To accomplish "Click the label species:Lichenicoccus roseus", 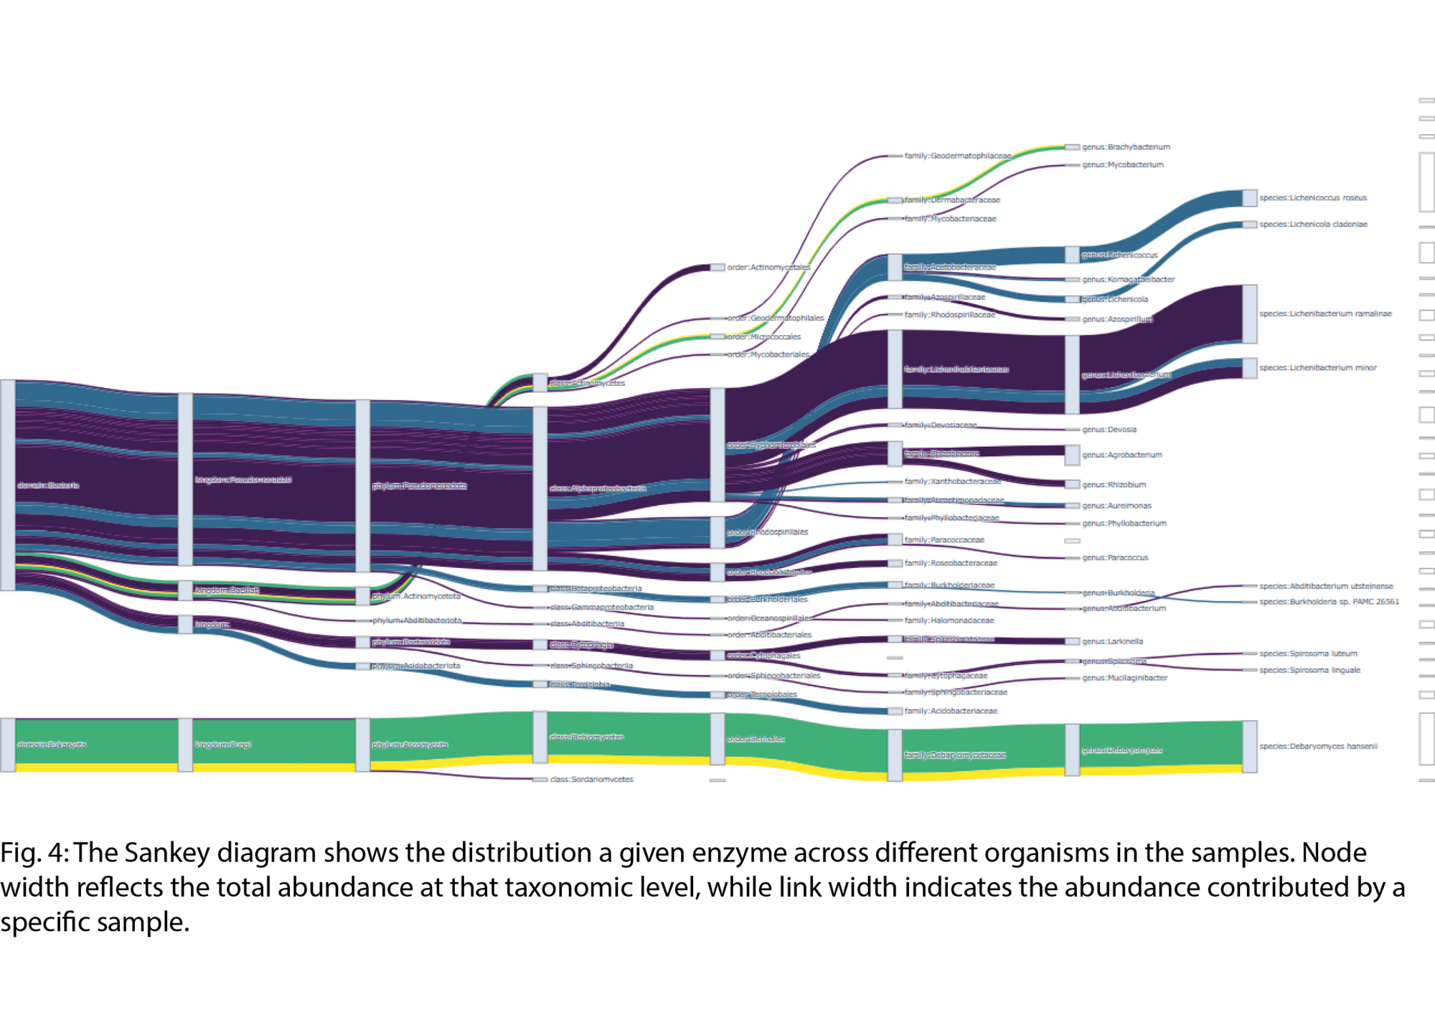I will tap(1313, 198).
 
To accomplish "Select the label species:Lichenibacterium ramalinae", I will tap(1325, 313).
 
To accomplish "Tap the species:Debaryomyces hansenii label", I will tap(1318, 746).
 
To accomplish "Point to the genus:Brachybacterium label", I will tap(1126, 147).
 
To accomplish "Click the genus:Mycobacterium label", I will tap(1122, 165).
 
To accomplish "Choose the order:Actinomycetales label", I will tap(768, 268).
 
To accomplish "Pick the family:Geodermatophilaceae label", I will tap(957, 156).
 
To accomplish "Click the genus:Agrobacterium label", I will tap(1121, 455).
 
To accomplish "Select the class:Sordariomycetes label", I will tap(591, 779).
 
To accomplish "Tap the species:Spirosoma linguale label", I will tap(1309, 670).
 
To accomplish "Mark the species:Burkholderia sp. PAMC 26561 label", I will tap(1329, 602).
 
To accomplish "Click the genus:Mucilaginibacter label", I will tap(1124, 678).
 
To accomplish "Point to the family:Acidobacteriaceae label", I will tap(951, 711).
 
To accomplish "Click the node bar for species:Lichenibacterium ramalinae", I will tap(1249, 314).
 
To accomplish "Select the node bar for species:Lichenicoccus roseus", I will tap(1249, 198).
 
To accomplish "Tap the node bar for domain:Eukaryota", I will tap(7, 745).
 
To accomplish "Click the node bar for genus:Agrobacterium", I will tap(1072, 455).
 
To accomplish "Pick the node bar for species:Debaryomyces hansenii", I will tap(1249, 747).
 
